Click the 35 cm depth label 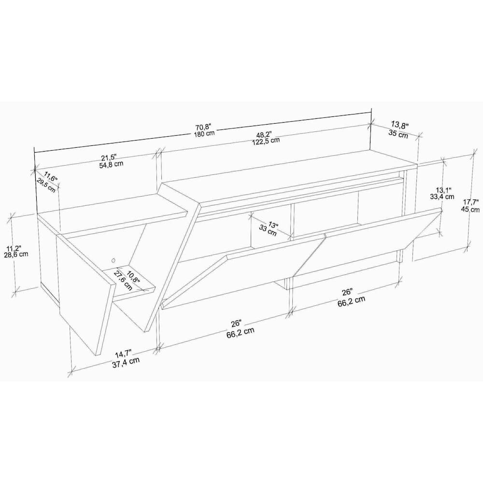tap(398, 134)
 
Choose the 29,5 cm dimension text tap(46, 185)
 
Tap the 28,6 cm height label tap(16, 254)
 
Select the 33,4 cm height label tap(442, 196)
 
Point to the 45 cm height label tap(470, 209)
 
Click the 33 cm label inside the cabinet tap(268, 230)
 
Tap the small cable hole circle tap(114, 261)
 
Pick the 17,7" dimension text tap(471, 202)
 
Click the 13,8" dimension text tap(400, 125)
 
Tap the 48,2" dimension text tap(264, 134)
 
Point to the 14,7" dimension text tap(124, 354)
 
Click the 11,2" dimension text tap(14, 248)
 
